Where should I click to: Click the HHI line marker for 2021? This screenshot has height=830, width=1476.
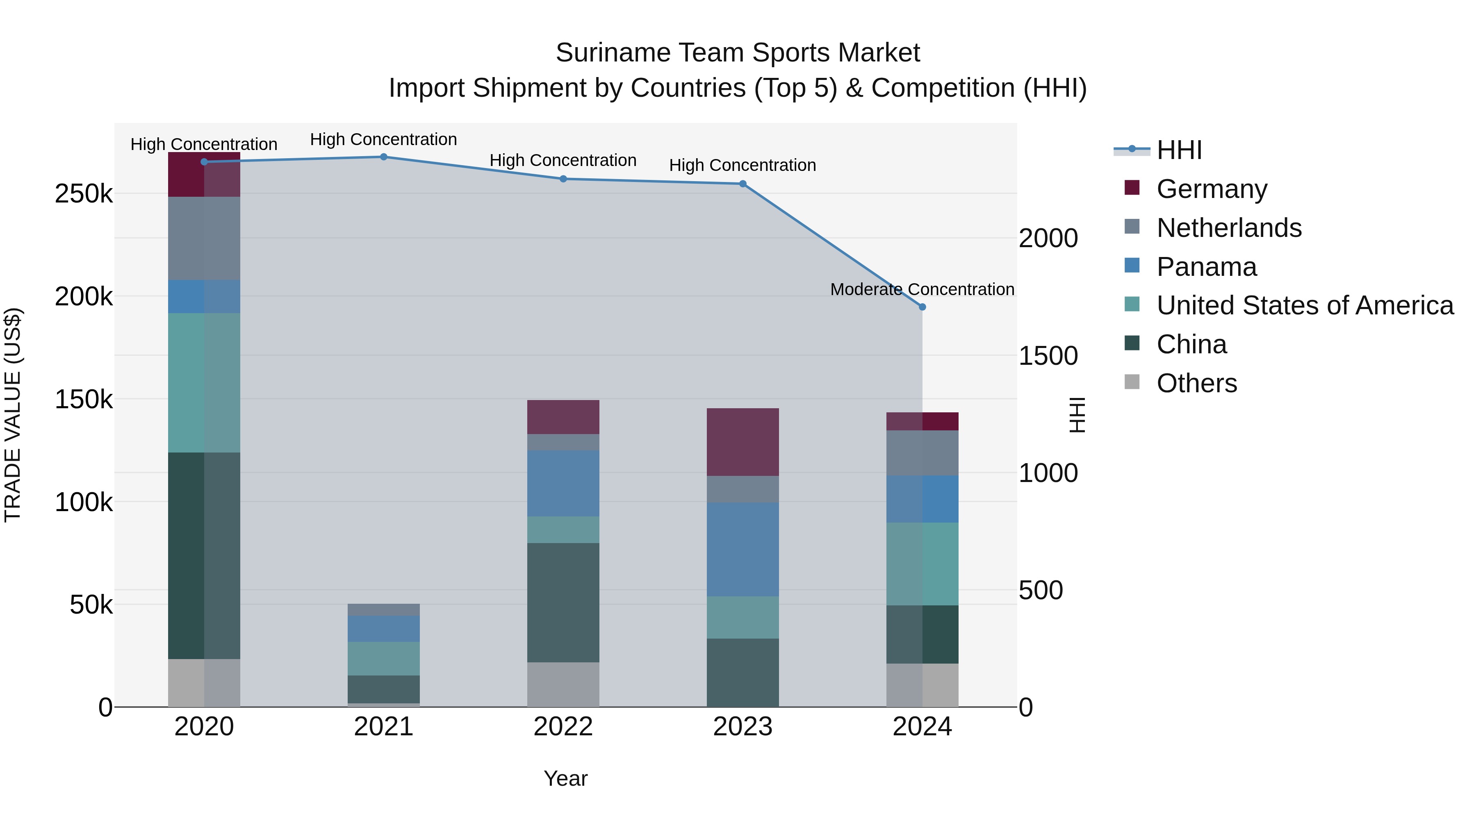coord(383,157)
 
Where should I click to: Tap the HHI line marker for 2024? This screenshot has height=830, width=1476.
coord(922,307)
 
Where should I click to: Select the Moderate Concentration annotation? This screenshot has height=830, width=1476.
coord(922,289)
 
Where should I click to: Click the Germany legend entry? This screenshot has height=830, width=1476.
coord(1211,189)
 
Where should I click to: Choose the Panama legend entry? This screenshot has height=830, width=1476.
coord(1206,267)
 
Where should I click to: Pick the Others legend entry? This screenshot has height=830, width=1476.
coord(1196,383)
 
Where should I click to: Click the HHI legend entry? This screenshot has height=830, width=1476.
coord(1179,150)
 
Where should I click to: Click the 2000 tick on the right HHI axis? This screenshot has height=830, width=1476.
coord(1048,238)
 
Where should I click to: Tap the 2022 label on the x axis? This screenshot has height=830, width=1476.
coord(563,727)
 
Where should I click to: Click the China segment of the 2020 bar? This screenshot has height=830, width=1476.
coord(204,556)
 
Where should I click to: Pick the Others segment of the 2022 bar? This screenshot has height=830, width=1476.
coord(563,684)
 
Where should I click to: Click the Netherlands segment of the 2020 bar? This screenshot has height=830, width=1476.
coord(204,238)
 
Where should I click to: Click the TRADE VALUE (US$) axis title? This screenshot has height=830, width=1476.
coord(13,415)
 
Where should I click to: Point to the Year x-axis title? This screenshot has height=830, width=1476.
coord(565,778)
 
